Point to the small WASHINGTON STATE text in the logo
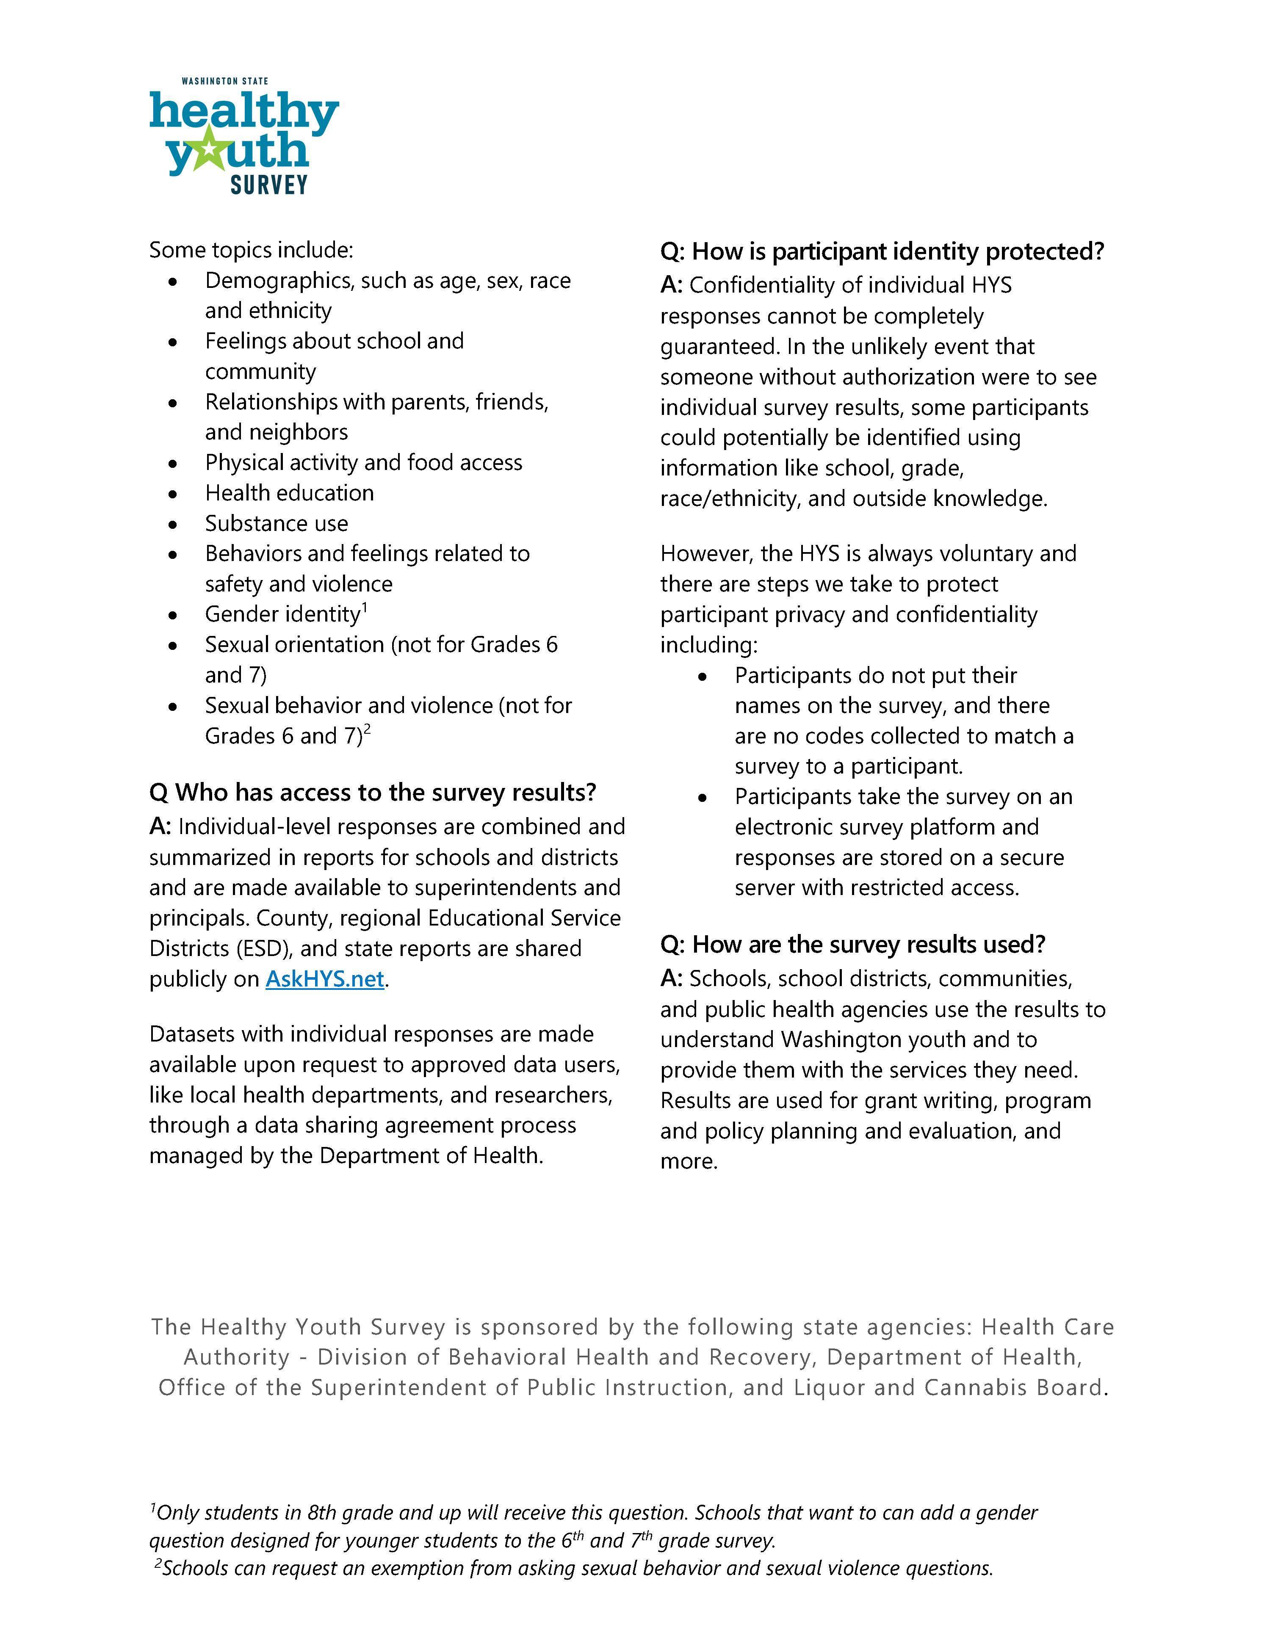(x=224, y=80)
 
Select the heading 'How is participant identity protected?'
(x=882, y=251)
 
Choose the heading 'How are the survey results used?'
(x=853, y=944)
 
